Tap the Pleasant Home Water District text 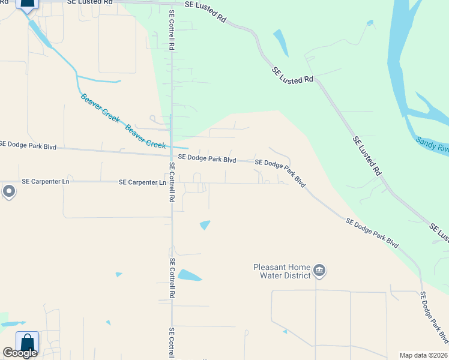(282, 271)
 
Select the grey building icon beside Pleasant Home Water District (319, 271)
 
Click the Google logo (20, 353)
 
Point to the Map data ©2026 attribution (423, 355)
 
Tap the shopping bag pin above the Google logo (27, 342)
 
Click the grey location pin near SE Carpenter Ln (8, 191)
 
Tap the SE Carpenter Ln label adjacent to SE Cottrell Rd (142, 182)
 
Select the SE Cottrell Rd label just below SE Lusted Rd (172, 29)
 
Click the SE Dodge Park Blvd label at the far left (28, 145)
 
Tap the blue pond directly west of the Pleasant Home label (190, 275)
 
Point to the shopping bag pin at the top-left (28, 4)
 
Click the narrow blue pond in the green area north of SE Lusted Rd (280, 42)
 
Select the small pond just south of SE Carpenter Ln (205, 225)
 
